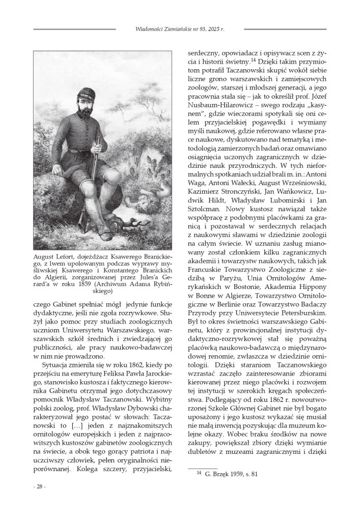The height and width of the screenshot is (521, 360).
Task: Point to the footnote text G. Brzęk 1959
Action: (x=223, y=474)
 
